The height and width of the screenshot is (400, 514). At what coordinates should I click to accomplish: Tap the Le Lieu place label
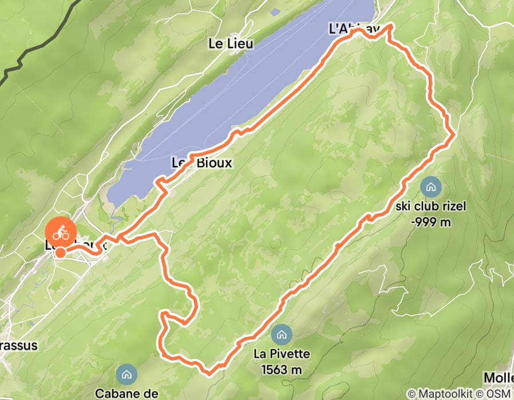231,43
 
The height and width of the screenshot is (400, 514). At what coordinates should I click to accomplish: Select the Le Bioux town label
202,163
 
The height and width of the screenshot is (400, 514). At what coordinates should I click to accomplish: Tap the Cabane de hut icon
126,375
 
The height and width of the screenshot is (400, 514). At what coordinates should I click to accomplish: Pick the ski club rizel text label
430,206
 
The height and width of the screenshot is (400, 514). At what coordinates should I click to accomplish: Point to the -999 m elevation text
430,221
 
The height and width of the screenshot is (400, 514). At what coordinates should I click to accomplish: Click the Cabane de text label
126,393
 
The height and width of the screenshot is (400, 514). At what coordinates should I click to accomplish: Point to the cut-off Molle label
498,378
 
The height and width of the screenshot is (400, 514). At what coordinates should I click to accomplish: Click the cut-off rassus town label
18,345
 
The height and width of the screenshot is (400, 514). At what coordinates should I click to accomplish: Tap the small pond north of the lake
275,11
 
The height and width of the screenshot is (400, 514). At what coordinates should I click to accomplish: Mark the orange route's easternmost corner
454,134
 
